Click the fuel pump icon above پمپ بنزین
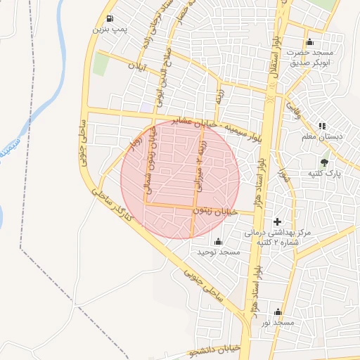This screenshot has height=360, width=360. tap(109, 19)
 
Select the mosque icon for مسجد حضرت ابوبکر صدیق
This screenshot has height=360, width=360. tap(310, 42)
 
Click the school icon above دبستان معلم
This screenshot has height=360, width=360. tap(323, 127)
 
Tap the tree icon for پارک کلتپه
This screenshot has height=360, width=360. tap(323, 162)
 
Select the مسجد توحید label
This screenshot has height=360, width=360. tap(219, 251)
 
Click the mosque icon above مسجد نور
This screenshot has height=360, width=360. tap(278, 312)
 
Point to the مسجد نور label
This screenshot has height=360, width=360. tap(276, 322)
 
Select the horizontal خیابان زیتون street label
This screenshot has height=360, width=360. tap(216, 211)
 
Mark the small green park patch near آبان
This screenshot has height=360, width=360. tap(101, 65)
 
